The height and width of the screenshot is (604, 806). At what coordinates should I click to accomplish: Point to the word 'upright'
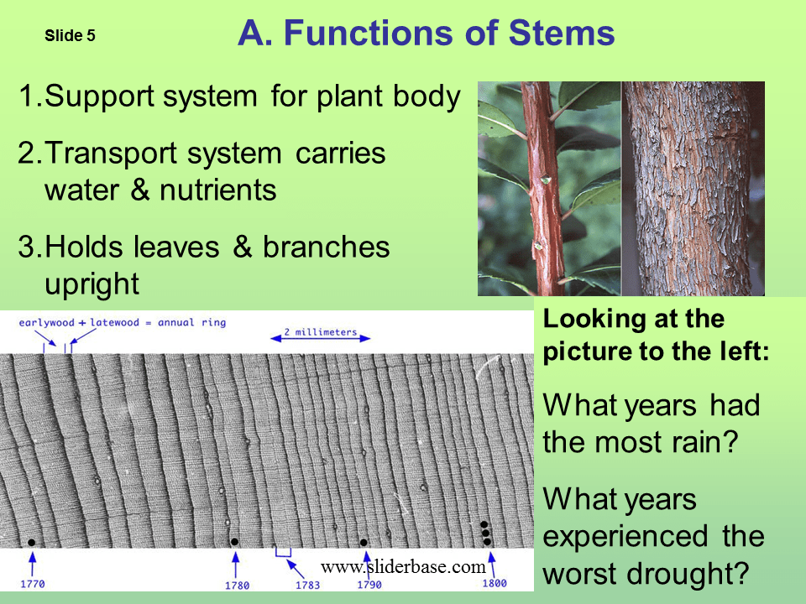(91, 284)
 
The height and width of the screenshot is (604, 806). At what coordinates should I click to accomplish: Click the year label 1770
(32, 583)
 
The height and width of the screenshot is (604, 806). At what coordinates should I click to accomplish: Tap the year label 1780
(238, 585)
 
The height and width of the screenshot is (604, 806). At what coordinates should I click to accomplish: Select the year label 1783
(308, 585)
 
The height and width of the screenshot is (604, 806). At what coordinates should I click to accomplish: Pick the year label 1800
(495, 583)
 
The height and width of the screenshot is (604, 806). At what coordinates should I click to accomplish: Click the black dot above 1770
(31, 543)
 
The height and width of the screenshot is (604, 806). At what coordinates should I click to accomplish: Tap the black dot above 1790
(364, 543)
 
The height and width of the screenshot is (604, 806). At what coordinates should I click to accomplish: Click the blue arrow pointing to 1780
(236, 562)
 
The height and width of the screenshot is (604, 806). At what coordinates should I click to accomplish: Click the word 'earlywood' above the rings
(46, 322)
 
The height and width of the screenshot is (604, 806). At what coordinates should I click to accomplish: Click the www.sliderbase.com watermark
(403, 567)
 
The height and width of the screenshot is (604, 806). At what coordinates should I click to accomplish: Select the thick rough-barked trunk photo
(693, 188)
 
